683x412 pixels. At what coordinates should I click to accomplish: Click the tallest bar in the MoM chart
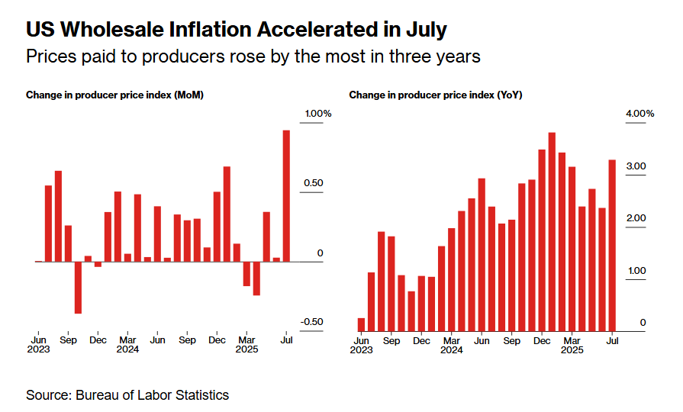(286, 195)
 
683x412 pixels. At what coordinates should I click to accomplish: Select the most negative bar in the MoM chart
(78, 287)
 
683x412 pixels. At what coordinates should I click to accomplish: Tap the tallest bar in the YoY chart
(551, 232)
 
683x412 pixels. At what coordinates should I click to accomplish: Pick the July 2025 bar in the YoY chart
(612, 246)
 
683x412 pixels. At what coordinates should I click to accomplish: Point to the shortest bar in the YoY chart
(361, 324)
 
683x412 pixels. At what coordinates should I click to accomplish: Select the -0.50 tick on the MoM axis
(311, 322)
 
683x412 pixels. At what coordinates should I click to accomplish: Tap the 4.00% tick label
(640, 114)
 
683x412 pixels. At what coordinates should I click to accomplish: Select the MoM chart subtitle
(114, 95)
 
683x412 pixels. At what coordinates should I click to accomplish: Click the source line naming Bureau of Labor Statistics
(127, 395)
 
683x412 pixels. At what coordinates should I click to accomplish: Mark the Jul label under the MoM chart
(286, 340)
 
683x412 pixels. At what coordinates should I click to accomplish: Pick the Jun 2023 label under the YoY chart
(362, 345)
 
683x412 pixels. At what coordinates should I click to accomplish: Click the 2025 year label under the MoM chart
(247, 350)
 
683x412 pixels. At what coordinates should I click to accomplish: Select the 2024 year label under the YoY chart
(452, 350)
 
